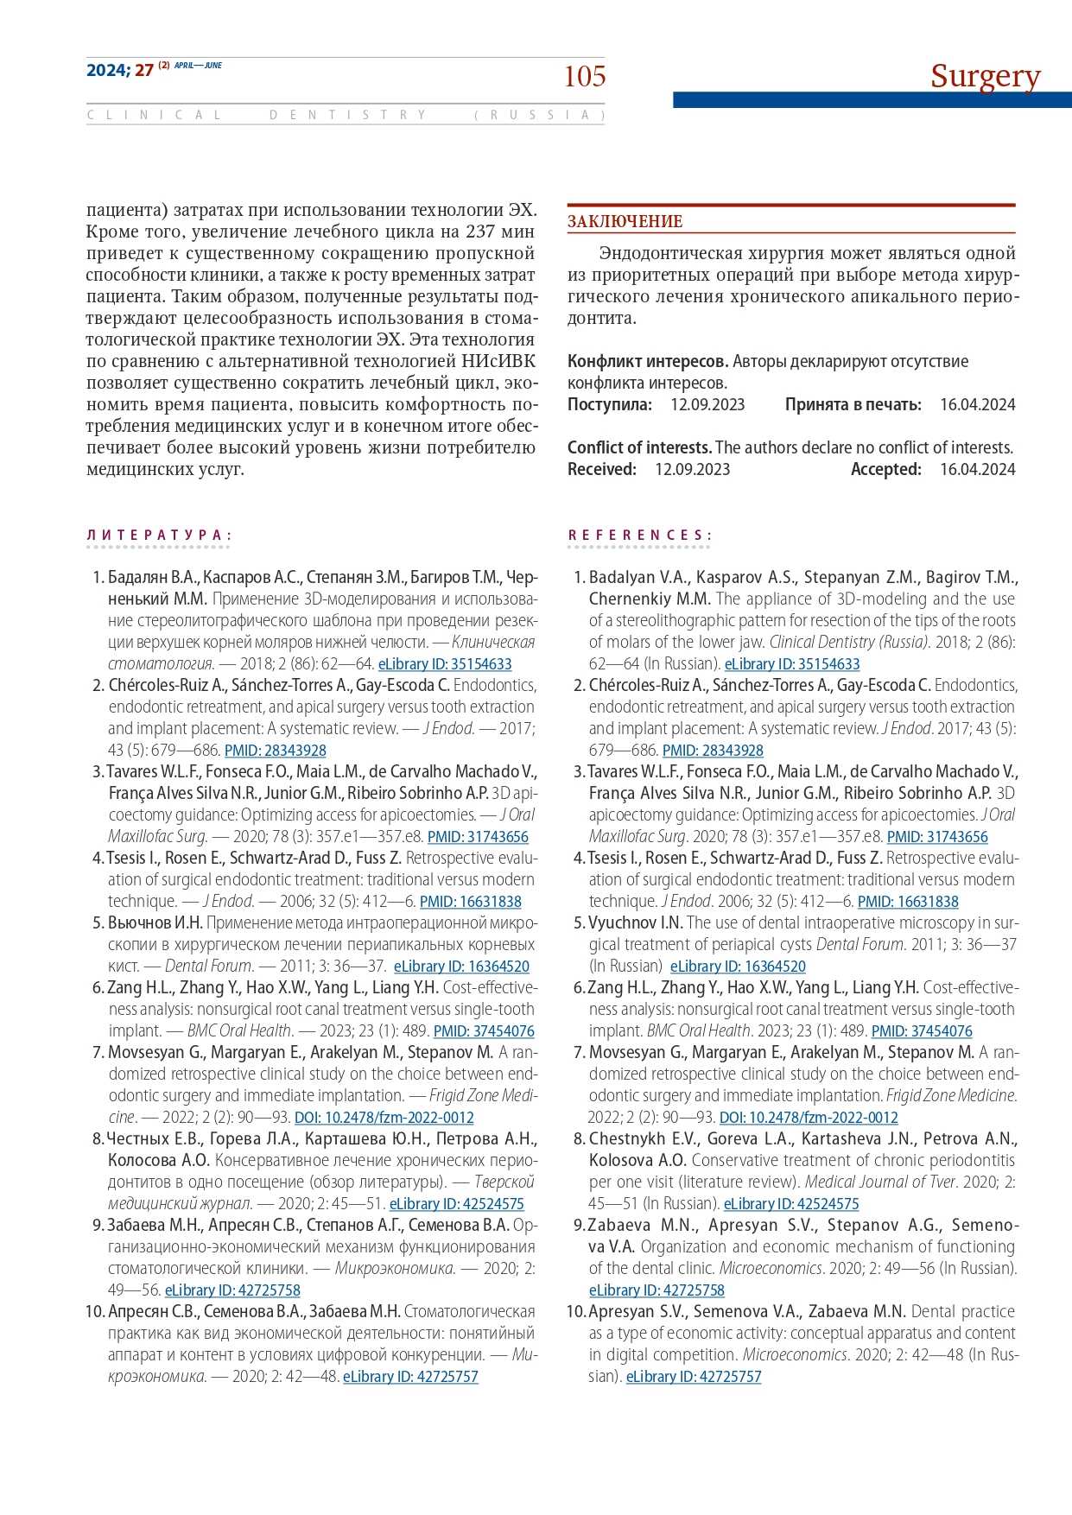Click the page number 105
pyautogui.click(x=585, y=76)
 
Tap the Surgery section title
pyautogui.click(x=985, y=76)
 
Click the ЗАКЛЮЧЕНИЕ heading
pyautogui.click(x=625, y=221)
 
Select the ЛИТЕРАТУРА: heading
pyautogui.click(x=158, y=536)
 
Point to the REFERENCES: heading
pyautogui.click(x=639, y=536)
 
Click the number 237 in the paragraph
pyautogui.click(x=479, y=231)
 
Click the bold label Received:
pyautogui.click(x=602, y=469)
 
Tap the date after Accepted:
pyautogui.click(x=977, y=469)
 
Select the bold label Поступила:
pyautogui.click(x=610, y=404)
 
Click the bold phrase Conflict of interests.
pyautogui.click(x=639, y=447)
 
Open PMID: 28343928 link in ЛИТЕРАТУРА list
pyautogui.click(x=276, y=751)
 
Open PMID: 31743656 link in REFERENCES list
pyautogui.click(x=937, y=837)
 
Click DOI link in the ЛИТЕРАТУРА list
pyautogui.click(x=384, y=1118)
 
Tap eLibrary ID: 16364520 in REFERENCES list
pyautogui.click(x=738, y=967)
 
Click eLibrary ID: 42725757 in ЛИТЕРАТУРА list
pyautogui.click(x=410, y=1377)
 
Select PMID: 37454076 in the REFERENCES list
pyautogui.click(x=922, y=1031)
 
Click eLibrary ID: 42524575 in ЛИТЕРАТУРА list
pyautogui.click(x=456, y=1204)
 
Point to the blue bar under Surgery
pyautogui.click(x=872, y=100)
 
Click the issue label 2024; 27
pyautogui.click(x=120, y=71)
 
